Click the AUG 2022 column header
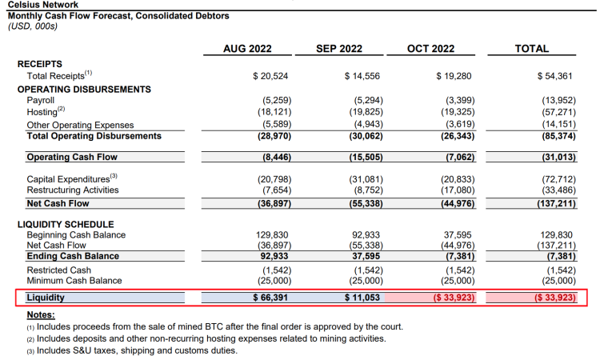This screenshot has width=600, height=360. coord(247,49)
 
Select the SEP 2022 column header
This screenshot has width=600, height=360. coord(339,49)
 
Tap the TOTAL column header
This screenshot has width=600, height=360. coord(531,49)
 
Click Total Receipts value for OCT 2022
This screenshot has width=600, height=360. coord(454,76)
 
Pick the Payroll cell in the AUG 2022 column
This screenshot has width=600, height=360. coord(277,100)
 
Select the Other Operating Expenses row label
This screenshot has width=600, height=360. coord(80,125)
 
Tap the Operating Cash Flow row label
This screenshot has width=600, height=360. coord(72,157)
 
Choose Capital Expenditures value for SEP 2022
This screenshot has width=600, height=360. coord(366,179)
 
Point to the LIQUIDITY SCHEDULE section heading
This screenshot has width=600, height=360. coord(66,224)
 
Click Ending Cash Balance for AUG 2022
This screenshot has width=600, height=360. coord(273,256)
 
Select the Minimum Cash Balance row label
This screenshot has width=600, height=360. coord(74,281)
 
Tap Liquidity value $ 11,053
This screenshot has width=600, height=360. coord(362,298)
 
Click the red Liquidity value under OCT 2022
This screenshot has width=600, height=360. coord(454,298)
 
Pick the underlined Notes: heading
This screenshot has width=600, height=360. coord(41,315)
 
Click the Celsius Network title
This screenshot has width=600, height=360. coord(43,5)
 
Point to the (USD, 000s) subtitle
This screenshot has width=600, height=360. coord(33,26)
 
